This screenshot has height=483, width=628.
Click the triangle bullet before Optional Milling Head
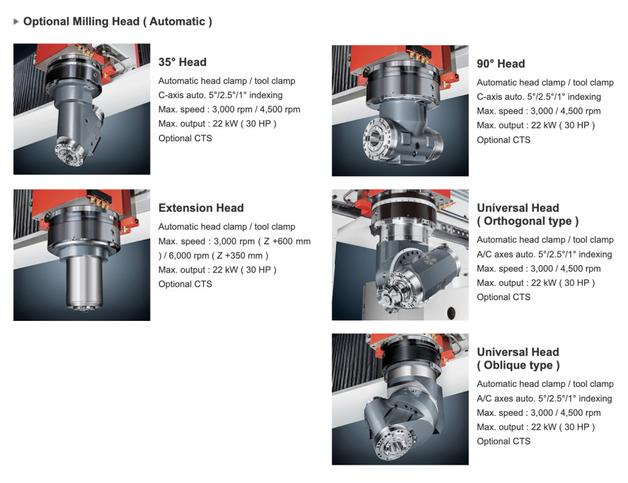pos(16,21)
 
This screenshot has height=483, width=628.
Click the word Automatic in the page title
pos(177,21)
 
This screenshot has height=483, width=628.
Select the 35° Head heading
pos(182,62)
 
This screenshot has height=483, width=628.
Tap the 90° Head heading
pos(501,63)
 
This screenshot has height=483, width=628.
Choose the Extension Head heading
pos(201,208)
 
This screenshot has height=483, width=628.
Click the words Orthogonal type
pos(528,221)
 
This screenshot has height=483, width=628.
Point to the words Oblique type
pos(518,366)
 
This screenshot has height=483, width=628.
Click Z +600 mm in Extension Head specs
pos(287,241)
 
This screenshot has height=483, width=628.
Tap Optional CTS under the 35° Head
pos(185,138)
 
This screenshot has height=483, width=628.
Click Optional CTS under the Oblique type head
pos(504,442)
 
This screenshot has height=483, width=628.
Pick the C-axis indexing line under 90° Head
pos(539,97)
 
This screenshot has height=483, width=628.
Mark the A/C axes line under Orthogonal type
pos(544,254)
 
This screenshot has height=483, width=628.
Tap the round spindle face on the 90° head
pos(376,138)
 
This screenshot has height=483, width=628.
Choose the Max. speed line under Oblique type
pos(539,413)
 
